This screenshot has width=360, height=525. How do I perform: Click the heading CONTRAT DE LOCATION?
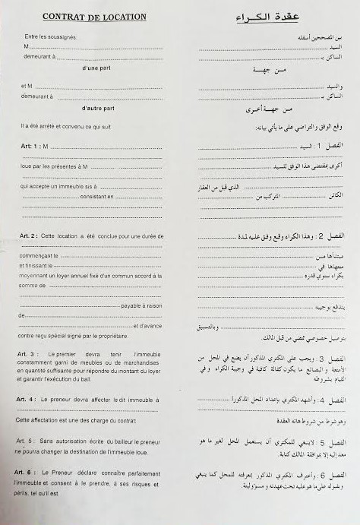(95, 16)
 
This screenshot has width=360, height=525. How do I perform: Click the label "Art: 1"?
(30, 145)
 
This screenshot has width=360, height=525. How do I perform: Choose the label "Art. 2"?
(30, 236)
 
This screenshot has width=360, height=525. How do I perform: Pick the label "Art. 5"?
(30, 441)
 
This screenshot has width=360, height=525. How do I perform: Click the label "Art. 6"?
(30, 472)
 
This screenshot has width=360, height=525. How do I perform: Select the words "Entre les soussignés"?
(51, 36)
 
